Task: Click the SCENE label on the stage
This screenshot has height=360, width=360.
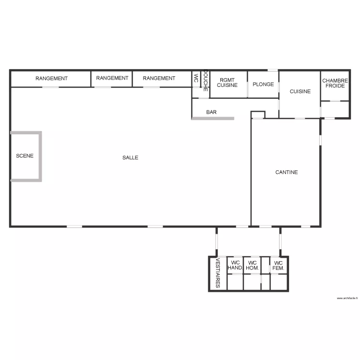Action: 25,156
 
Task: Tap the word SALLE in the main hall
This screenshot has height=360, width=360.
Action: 130,157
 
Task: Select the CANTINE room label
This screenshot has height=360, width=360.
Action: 287,172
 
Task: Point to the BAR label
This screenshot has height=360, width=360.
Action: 211,112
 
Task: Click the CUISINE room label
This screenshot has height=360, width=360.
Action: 300,91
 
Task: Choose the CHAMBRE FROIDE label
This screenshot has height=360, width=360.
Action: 335,84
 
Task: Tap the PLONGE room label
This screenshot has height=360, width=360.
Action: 263,84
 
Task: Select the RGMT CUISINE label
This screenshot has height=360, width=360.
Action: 227,83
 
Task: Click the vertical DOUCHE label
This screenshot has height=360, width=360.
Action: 205,81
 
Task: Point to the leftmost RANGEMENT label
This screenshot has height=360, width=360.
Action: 51,78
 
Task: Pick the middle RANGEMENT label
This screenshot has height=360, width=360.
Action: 112,78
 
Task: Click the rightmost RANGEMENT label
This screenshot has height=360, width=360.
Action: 159,78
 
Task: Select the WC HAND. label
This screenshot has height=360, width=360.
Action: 235,265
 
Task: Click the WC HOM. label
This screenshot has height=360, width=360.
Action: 252,265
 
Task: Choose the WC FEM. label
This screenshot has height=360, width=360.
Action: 278,265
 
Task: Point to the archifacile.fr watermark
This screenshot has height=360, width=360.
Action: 347,298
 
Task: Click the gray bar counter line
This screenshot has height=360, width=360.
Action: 213,118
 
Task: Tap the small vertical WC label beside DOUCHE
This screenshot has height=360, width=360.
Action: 196,79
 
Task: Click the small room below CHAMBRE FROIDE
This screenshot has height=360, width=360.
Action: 335,109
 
